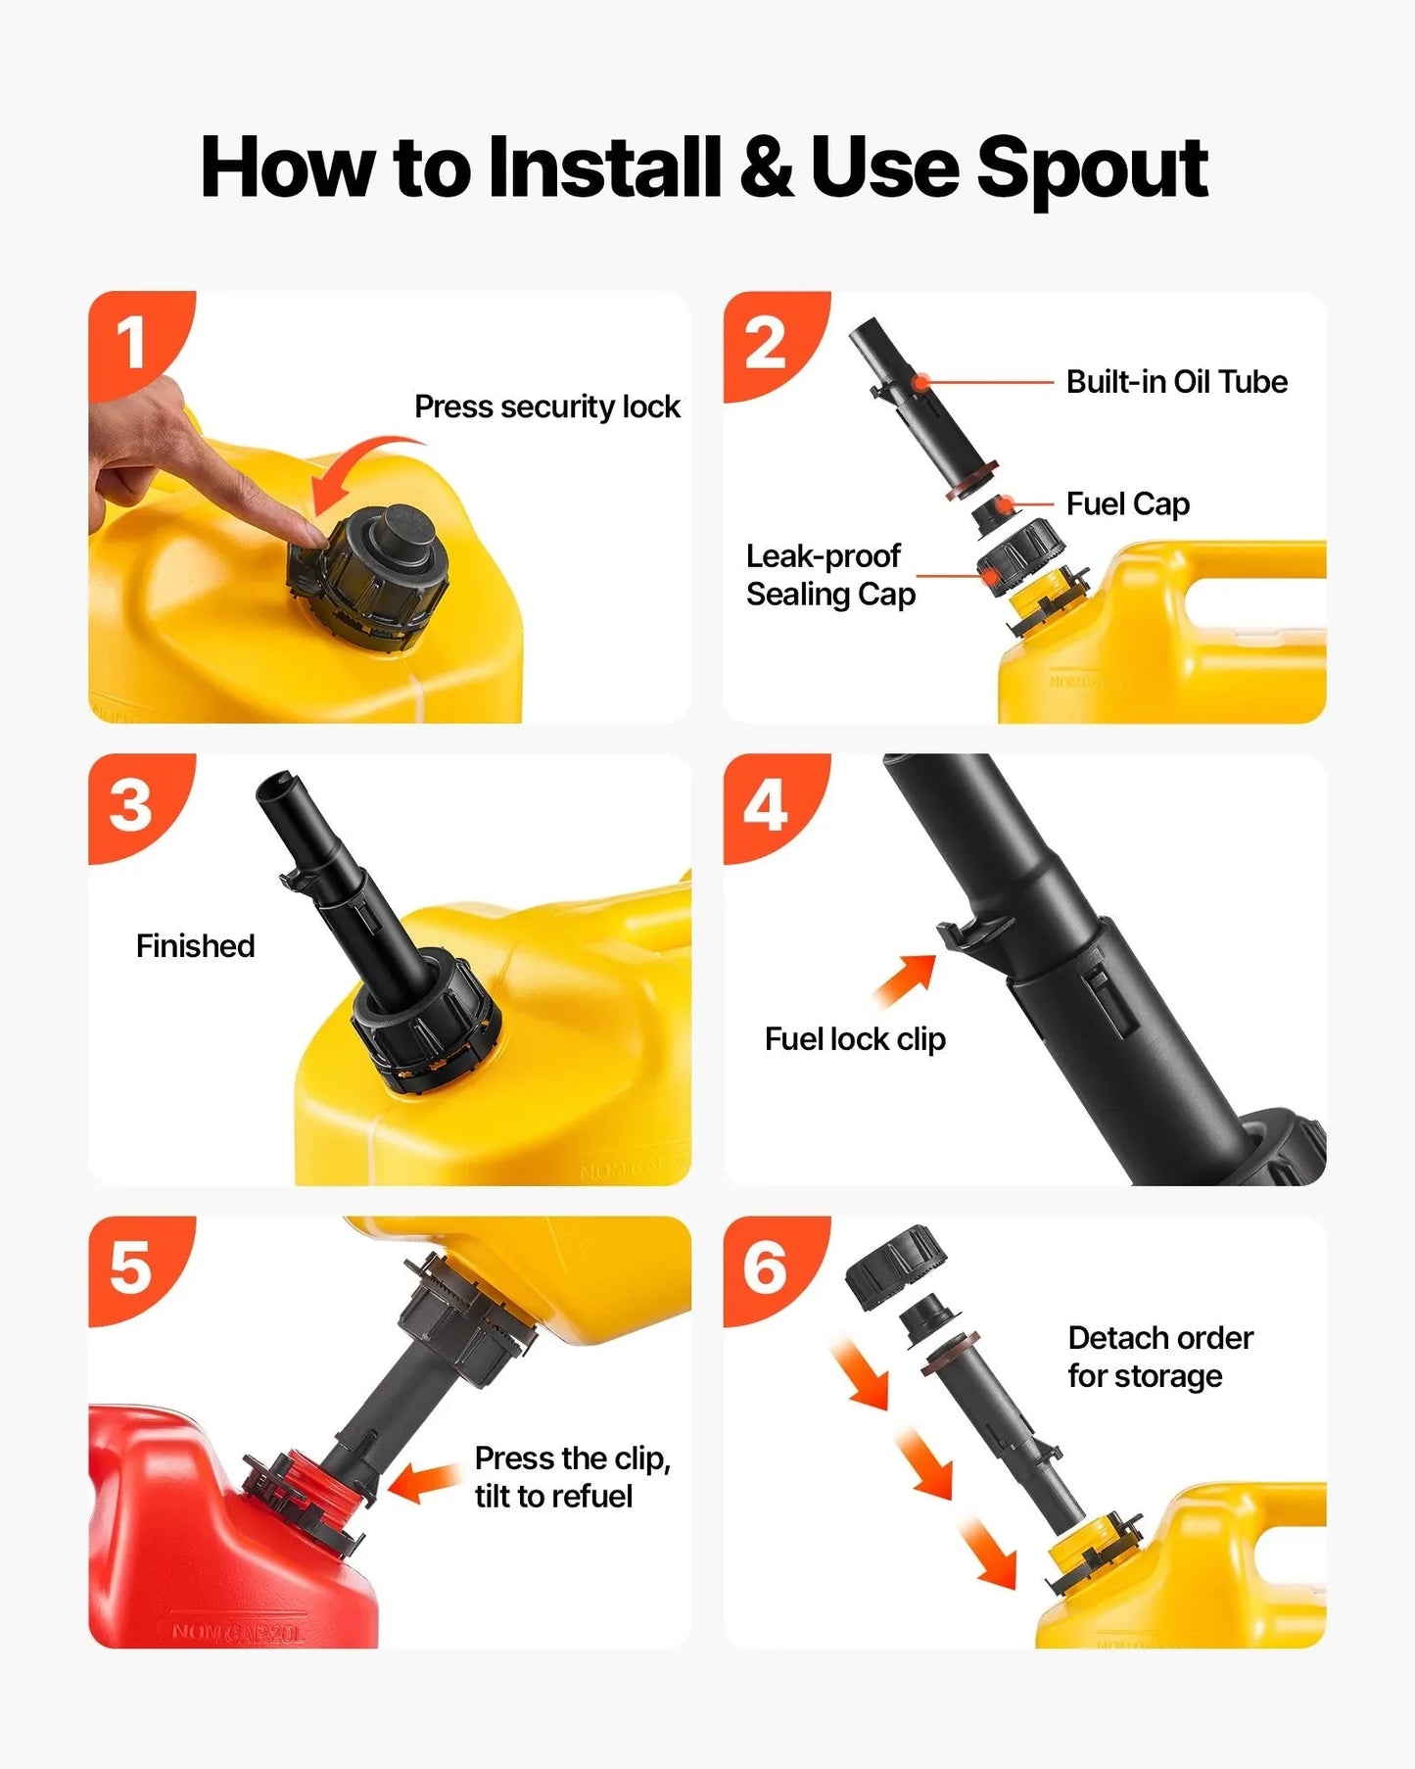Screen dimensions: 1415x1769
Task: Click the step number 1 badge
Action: [x=132, y=344]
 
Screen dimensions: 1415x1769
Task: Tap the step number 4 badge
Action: [x=766, y=807]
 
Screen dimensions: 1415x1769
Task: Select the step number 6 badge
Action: [x=766, y=1268]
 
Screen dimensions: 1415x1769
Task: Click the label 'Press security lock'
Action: [x=547, y=406]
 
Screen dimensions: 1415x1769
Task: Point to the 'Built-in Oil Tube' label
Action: [x=1177, y=381]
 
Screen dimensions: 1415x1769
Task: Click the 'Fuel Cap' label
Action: [x=1128, y=503]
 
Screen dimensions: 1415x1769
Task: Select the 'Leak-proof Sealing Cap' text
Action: [x=830, y=575]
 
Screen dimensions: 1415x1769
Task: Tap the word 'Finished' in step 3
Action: [x=196, y=945]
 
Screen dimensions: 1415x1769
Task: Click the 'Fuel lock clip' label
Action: [x=855, y=1038]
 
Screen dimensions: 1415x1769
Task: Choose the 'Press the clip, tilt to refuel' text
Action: [x=573, y=1477]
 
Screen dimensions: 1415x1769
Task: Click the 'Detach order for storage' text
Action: [x=1160, y=1357]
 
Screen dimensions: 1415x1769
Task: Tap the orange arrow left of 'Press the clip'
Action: [x=425, y=1482]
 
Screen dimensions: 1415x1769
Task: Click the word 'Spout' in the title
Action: [x=1092, y=169]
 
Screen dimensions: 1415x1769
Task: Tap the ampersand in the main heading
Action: [x=767, y=167]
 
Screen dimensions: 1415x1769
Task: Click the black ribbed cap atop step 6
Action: [x=896, y=1265]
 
